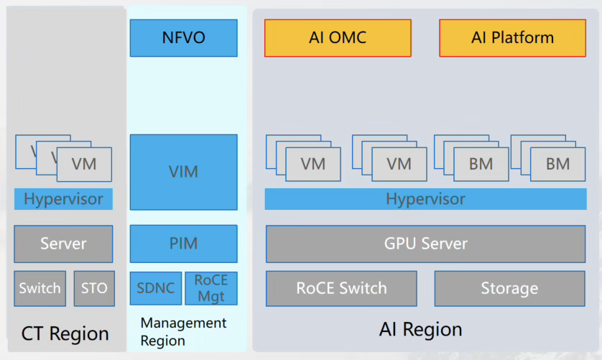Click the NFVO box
pyautogui.click(x=183, y=38)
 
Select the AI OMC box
pyautogui.click(x=338, y=38)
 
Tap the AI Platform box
pyautogui.click(x=512, y=38)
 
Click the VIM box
pyautogui.click(x=183, y=172)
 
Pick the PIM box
pyautogui.click(x=183, y=244)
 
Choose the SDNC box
pyautogui.click(x=155, y=288)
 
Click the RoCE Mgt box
pyautogui.click(x=211, y=288)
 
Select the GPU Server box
pyautogui.click(x=425, y=244)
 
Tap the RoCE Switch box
pyautogui.click(x=341, y=288)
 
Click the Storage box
pyautogui.click(x=509, y=288)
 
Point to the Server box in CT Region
pyautogui.click(x=63, y=244)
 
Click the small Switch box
pyautogui.click(x=40, y=288)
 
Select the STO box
pyautogui.click(x=94, y=288)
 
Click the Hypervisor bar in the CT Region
pyautogui.click(x=63, y=199)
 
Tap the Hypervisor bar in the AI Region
pyautogui.click(x=425, y=199)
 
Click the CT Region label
pyautogui.click(x=65, y=333)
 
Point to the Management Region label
pyautogui.click(x=183, y=331)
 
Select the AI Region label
pyautogui.click(x=420, y=330)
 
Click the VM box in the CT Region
pyautogui.click(x=84, y=165)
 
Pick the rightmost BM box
pyautogui.click(x=557, y=164)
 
